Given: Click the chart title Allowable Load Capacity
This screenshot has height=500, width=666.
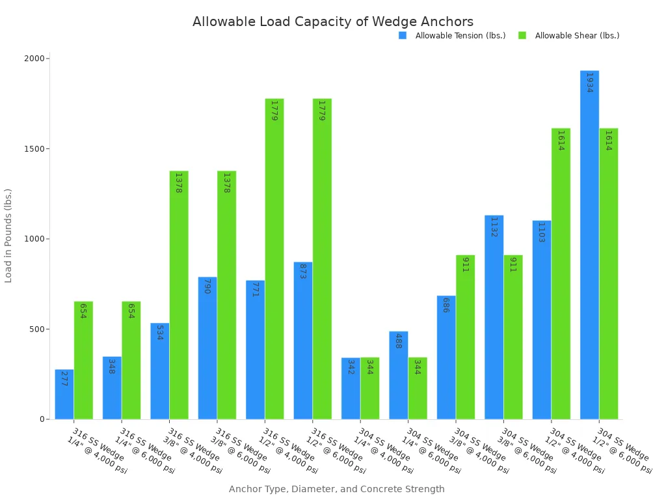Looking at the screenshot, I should (x=332, y=21).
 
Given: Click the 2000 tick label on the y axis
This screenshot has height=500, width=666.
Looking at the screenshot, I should (x=33, y=59).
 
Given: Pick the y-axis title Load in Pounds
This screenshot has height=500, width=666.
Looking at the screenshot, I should (x=8, y=235).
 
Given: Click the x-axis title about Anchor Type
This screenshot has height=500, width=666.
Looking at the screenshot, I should (x=336, y=489).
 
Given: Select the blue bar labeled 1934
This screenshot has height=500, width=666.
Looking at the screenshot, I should (x=589, y=245).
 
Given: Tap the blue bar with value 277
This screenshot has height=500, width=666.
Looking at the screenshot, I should (x=64, y=394).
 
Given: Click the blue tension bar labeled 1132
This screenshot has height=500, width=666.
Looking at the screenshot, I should (x=494, y=317).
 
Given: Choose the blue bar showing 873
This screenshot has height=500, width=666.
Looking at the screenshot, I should (x=302, y=340).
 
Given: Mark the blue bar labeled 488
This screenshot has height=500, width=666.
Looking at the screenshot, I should (x=398, y=375).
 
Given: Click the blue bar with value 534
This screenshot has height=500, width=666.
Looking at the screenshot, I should (x=159, y=371).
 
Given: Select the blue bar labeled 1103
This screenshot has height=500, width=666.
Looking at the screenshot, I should (x=541, y=320).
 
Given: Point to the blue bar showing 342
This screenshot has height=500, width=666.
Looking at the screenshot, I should (x=351, y=388).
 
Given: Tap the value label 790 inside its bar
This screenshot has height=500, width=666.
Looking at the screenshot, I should (x=207, y=286).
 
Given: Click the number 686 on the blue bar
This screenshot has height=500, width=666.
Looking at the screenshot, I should (x=446, y=305).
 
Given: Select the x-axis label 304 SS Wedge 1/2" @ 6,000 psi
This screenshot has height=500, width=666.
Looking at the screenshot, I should (x=622, y=451).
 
